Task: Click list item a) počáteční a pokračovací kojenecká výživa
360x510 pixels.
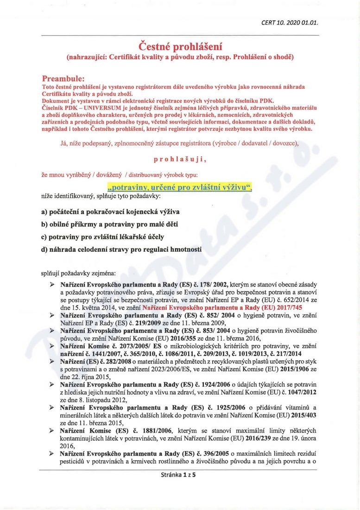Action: pyautogui.click(x=110, y=212)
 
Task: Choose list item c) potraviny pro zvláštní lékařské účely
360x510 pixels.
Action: pyautogui.click(x=102, y=237)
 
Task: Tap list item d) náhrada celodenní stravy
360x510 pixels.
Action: pyautogui.click(x=121, y=249)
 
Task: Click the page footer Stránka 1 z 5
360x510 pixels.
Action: pyautogui.click(x=179, y=475)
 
